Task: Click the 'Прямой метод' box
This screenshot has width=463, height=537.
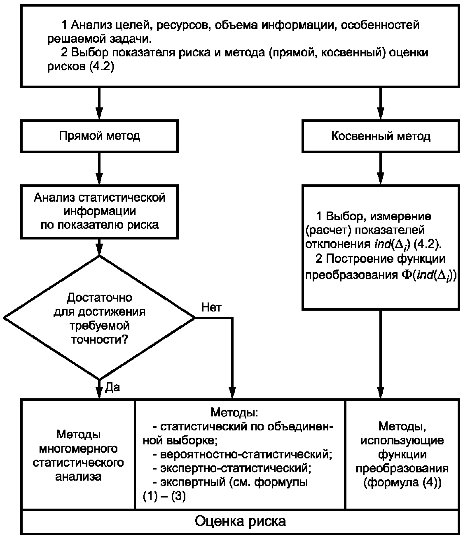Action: (99, 136)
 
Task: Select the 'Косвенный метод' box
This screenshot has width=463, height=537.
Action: (381, 136)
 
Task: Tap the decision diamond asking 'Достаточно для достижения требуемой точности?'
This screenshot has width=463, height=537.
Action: (99, 318)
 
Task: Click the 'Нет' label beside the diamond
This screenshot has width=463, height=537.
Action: (211, 308)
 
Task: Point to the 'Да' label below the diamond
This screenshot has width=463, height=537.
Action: (112, 387)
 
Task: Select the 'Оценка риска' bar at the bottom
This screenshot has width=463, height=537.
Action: (240, 521)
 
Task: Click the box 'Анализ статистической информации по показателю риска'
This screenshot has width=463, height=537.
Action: (99, 212)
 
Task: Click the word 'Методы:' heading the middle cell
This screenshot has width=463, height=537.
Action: (234, 412)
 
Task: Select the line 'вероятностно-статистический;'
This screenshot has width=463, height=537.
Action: (246, 454)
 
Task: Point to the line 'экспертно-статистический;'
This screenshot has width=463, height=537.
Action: (236, 468)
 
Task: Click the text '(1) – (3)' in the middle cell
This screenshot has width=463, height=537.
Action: (164, 497)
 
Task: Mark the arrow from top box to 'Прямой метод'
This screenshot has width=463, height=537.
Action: (99, 103)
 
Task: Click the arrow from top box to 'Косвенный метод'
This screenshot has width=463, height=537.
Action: (381, 103)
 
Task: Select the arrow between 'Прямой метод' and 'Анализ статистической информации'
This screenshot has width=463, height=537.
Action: (99, 169)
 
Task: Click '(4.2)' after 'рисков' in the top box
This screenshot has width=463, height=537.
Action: (102, 67)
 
